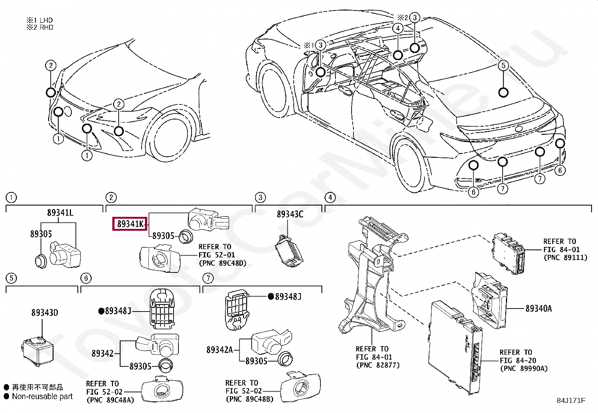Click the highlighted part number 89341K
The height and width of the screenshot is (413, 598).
click(130, 224)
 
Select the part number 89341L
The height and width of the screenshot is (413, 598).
click(60, 213)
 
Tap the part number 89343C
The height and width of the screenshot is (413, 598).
click(290, 214)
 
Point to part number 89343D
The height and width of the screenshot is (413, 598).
click(44, 313)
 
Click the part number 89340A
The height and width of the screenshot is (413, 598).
click(538, 309)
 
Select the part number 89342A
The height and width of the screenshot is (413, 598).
click(220, 350)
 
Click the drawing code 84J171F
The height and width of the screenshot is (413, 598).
click(571, 401)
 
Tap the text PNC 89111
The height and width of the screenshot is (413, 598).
click(565, 258)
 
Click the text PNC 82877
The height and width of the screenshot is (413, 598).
click(378, 365)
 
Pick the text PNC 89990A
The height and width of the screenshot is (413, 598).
click(524, 369)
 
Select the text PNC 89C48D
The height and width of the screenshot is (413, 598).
click(223, 263)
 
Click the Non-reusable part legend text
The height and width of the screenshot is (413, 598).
click(42, 396)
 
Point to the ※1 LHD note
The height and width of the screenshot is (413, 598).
click(40, 20)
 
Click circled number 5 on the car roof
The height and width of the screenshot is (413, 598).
click(503, 65)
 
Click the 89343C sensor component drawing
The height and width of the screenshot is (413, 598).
click(289, 251)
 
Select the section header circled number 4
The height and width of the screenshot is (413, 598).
click(330, 198)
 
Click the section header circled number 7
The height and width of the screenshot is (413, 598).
click(208, 278)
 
